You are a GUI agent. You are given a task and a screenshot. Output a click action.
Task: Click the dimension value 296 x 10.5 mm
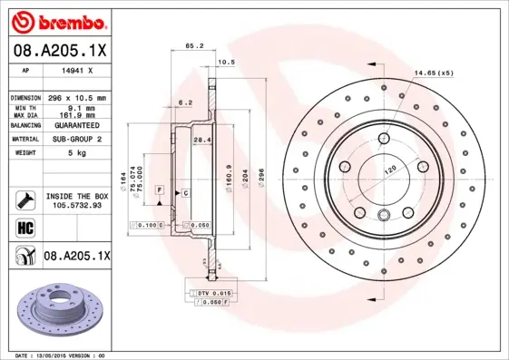(x=75, y=97)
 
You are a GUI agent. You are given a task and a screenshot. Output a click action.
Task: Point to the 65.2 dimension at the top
(x=192, y=44)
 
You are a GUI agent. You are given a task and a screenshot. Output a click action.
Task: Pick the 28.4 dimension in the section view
(x=203, y=140)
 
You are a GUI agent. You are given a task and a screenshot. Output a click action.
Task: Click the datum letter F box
(x=159, y=189)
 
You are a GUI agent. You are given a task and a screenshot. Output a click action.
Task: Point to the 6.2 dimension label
(x=185, y=102)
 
